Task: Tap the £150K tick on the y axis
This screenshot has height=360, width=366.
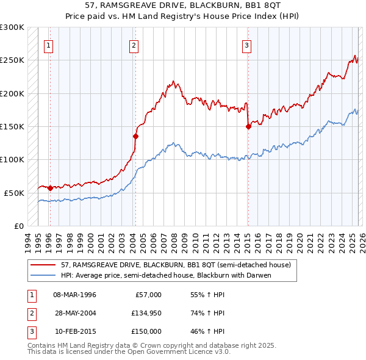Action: coord(12,126)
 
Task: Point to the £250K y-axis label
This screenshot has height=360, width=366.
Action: coord(12,60)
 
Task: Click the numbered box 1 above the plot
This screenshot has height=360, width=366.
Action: coord(48,45)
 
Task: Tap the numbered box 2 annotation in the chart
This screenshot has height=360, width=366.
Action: coord(134,45)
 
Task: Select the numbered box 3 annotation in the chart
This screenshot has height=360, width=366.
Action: coord(246,45)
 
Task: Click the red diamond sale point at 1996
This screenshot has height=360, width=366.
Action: coord(50,188)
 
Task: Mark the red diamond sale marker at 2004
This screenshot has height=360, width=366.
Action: coord(135,137)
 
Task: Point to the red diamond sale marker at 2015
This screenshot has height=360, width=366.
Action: coord(248,127)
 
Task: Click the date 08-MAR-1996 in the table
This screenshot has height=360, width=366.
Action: coord(74,295)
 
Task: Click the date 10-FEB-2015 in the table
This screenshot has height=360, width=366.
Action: coord(74,331)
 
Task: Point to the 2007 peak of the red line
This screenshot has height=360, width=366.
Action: coord(173,81)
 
